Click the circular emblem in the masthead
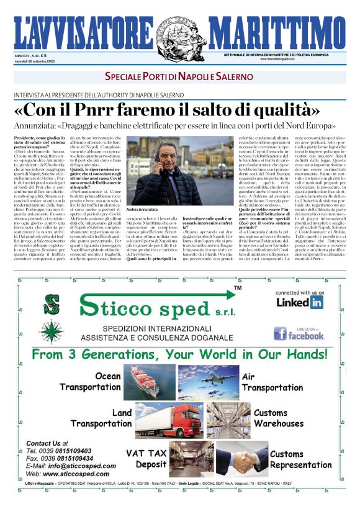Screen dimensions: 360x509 coord(180,32)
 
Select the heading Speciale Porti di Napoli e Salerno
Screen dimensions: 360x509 coord(179,76)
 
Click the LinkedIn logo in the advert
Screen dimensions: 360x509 coord(300,302)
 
